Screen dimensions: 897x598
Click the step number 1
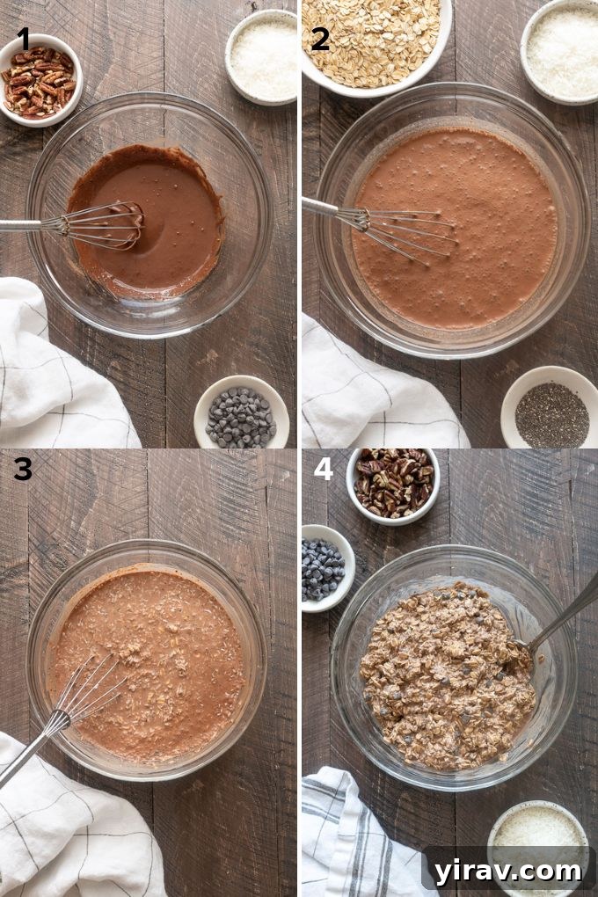click(23, 39)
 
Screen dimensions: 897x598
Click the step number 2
click(320, 39)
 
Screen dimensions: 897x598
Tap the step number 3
click(22, 470)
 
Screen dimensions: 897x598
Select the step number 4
click(323, 469)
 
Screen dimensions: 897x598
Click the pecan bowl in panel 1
click(40, 81)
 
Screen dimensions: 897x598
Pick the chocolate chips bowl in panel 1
click(241, 415)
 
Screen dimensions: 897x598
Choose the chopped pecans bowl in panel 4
click(393, 483)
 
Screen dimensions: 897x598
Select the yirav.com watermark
click(508, 871)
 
